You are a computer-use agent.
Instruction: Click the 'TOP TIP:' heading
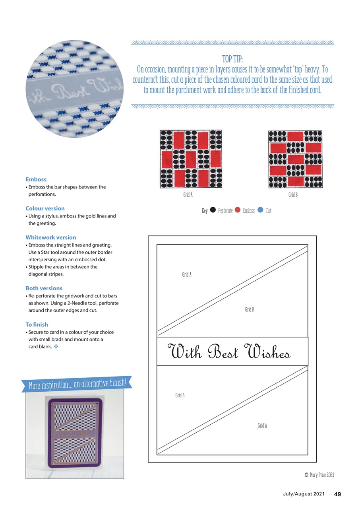click(232, 59)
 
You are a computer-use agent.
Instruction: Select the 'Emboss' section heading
click(36, 179)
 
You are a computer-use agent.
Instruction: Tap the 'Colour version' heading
click(45, 208)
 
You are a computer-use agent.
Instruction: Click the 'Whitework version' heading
click(50, 237)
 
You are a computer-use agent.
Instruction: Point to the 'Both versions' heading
click(44, 288)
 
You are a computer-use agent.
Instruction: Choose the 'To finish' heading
click(37, 324)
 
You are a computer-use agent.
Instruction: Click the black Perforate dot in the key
click(213, 210)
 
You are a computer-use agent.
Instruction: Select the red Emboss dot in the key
click(238, 210)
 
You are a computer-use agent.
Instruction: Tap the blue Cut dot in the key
click(260, 210)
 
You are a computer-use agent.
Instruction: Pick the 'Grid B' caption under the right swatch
click(293, 195)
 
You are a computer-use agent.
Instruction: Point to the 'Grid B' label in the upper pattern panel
click(250, 309)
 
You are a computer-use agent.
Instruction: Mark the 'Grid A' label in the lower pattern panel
click(262, 426)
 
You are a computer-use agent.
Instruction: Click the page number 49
click(337, 494)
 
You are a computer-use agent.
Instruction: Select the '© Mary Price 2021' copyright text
click(319, 475)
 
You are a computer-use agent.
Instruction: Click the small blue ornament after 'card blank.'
click(56, 346)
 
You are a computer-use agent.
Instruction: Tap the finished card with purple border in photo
click(75, 435)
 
